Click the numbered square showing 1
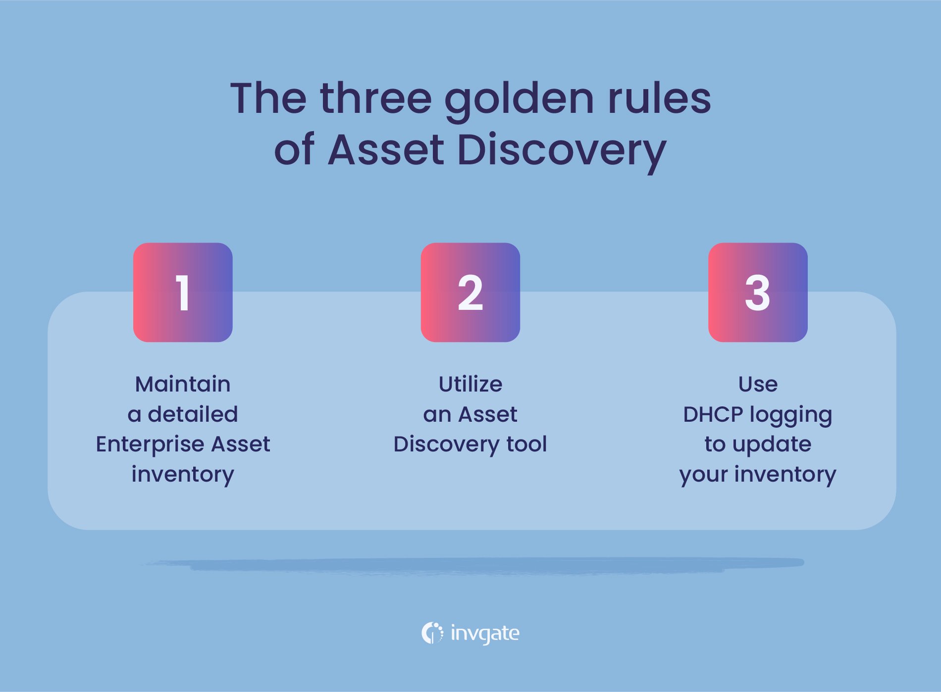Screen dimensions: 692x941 pos(183,292)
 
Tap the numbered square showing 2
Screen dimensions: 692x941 pos(470,292)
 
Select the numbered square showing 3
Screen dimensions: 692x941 pos(758,292)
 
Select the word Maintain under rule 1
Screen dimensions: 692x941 pos(183,384)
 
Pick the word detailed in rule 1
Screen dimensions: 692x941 pos(193,414)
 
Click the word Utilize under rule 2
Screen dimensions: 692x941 pos(470,384)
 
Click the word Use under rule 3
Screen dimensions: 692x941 pos(758,384)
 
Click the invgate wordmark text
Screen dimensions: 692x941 pos(485,634)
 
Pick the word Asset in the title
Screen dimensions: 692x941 pos(386,150)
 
